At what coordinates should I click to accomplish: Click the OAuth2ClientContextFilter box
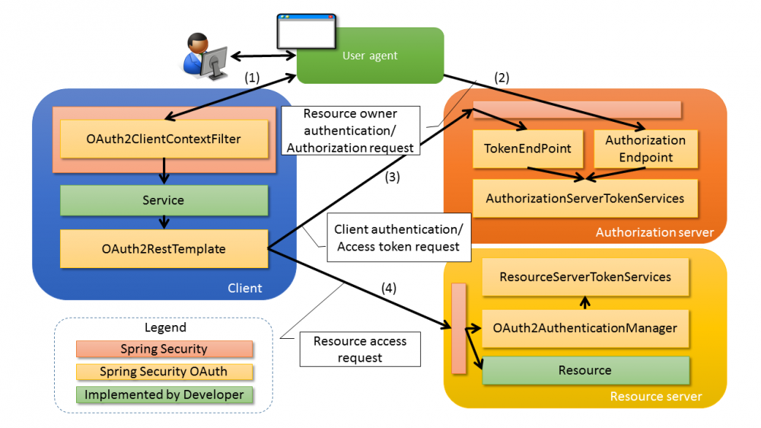tap(164, 139)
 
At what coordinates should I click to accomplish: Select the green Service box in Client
tap(164, 200)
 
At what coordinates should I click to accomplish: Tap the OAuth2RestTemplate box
tap(164, 249)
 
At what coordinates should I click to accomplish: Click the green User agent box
tap(370, 56)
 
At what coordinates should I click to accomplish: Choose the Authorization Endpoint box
tap(645, 149)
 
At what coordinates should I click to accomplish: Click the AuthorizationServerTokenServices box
tap(584, 199)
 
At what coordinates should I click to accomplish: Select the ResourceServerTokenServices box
tap(585, 277)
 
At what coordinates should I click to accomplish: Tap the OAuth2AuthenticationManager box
tap(585, 328)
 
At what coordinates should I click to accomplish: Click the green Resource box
tap(585, 370)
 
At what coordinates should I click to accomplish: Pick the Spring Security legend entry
tap(164, 349)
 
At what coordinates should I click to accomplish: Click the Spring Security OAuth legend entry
tap(164, 372)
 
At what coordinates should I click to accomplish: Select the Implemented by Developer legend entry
tap(164, 394)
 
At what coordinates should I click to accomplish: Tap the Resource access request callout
tap(360, 350)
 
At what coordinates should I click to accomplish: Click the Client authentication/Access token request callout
tap(399, 238)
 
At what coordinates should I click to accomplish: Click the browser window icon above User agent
tap(305, 31)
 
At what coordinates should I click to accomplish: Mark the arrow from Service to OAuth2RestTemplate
tap(164, 222)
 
